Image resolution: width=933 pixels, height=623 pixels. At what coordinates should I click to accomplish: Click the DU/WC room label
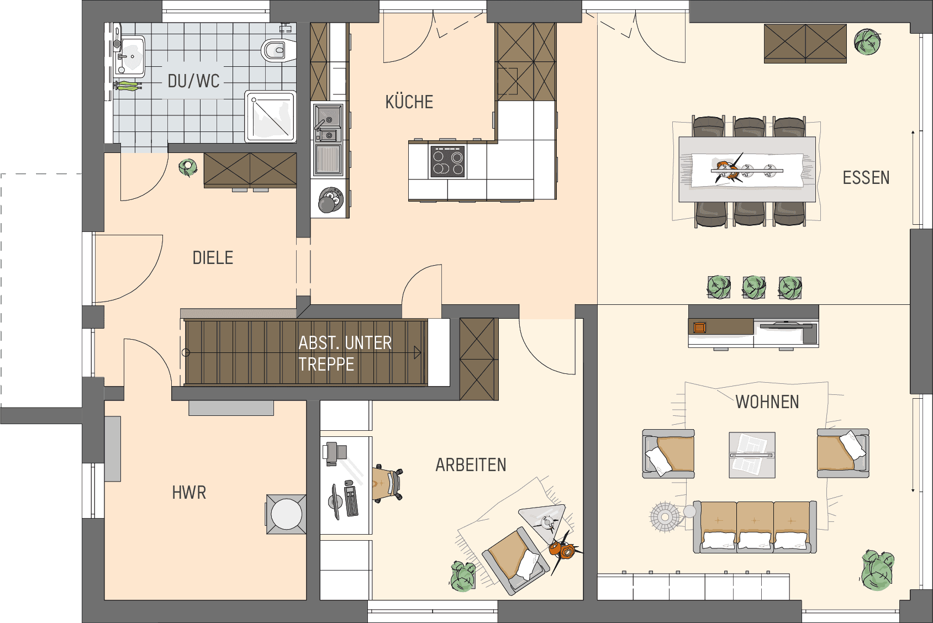(x=194, y=81)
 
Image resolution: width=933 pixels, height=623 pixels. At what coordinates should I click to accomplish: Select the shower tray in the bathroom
(x=270, y=116)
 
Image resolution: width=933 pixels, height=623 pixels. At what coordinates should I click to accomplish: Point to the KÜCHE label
(x=409, y=102)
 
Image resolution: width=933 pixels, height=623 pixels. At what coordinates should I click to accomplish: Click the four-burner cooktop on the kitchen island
(x=447, y=162)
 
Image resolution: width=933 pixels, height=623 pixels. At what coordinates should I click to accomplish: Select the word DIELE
(x=213, y=258)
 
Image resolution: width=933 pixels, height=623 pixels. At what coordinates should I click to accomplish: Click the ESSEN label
(x=866, y=178)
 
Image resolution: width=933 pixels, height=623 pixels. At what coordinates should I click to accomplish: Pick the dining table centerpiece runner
(x=747, y=170)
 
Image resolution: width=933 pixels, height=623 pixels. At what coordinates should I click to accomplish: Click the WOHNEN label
(x=767, y=402)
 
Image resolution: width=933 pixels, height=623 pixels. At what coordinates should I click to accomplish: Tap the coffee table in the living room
(x=752, y=455)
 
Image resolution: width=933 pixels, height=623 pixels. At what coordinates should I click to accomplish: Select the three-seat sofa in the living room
(x=755, y=527)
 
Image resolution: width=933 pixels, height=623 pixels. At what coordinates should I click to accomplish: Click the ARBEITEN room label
(x=471, y=464)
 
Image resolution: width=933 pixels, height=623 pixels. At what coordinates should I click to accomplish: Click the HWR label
(x=189, y=493)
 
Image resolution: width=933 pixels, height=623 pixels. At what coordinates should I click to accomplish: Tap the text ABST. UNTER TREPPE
(x=345, y=353)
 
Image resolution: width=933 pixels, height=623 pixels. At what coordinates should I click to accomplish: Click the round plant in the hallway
(x=188, y=167)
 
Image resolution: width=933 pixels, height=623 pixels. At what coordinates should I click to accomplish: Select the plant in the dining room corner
(x=867, y=41)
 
